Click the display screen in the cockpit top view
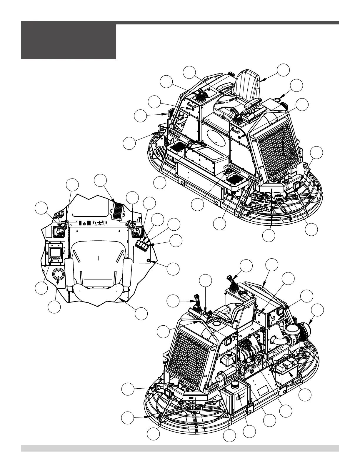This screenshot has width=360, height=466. [x=56, y=252]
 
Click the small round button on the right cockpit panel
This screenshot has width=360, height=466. [x=149, y=261]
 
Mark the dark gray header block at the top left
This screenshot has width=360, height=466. [x=69, y=41]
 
